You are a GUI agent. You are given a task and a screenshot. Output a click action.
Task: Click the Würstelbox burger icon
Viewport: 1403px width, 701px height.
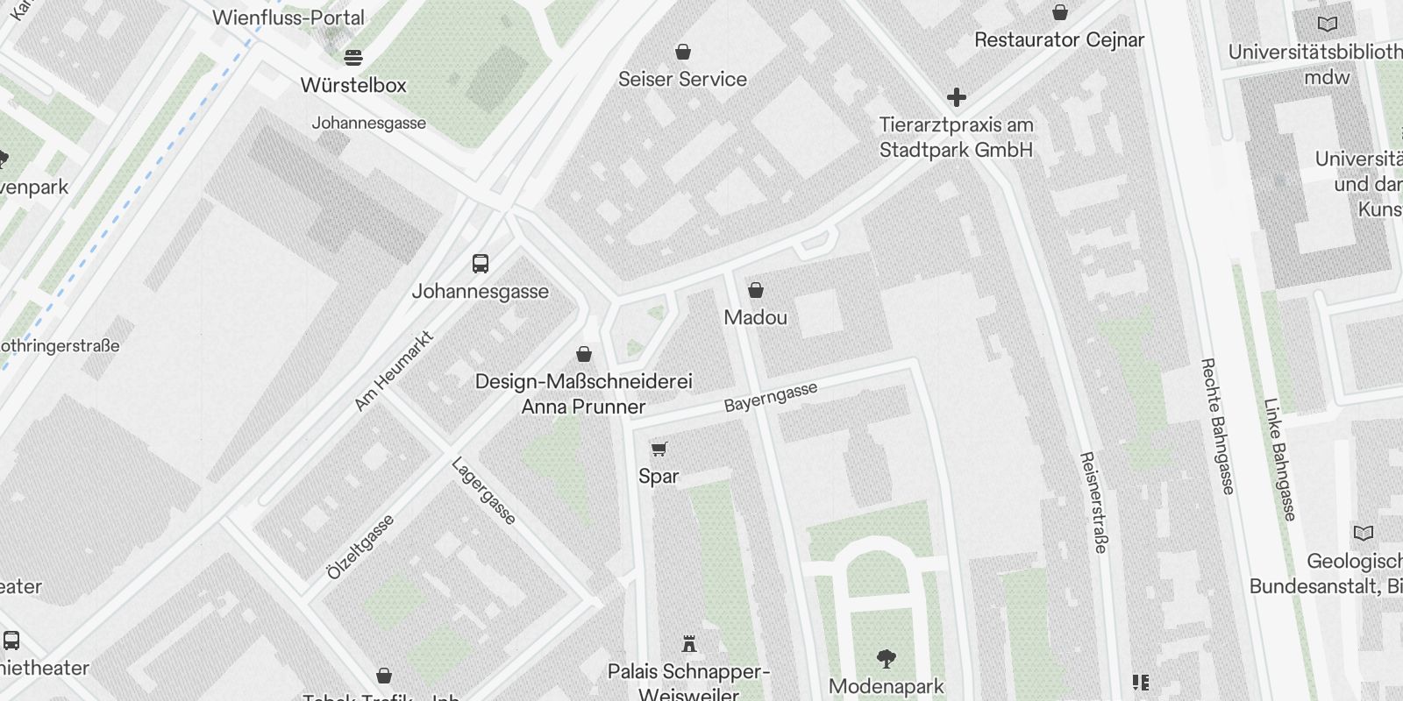pyautogui.click(x=353, y=58)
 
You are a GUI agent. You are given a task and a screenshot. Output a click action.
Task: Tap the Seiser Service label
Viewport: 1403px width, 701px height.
pyautogui.click(x=682, y=79)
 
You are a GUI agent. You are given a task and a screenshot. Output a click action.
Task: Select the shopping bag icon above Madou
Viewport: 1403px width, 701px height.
pyautogui.click(x=756, y=290)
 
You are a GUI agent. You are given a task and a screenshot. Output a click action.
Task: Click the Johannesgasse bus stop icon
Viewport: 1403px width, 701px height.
pyautogui.click(x=481, y=263)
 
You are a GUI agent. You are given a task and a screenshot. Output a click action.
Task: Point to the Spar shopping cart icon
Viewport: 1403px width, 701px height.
pyautogui.click(x=659, y=450)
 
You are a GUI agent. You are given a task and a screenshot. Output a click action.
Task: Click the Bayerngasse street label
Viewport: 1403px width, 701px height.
pyautogui.click(x=771, y=397)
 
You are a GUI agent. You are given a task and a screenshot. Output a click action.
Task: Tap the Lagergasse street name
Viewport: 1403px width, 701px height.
pyautogui.click(x=483, y=491)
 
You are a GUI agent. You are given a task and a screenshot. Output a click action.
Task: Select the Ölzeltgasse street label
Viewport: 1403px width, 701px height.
pyautogui.click(x=360, y=547)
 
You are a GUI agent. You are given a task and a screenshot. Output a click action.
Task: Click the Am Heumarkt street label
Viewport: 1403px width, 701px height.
pyautogui.click(x=394, y=371)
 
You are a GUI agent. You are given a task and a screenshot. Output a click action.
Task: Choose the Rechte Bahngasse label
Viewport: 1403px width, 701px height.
pyautogui.click(x=1216, y=426)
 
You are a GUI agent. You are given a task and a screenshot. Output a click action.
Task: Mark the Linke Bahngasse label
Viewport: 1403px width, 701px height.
pyautogui.click(x=1279, y=459)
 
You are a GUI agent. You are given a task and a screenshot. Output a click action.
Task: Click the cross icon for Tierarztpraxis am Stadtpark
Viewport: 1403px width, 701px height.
pyautogui.click(x=957, y=97)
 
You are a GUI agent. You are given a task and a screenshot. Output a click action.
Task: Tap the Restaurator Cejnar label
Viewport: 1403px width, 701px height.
pyautogui.click(x=1059, y=40)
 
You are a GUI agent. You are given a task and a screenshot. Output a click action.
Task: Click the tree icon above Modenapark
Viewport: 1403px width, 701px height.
pyautogui.click(x=887, y=658)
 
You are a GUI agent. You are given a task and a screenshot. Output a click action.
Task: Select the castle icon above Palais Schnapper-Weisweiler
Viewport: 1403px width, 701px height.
pyautogui.click(x=689, y=644)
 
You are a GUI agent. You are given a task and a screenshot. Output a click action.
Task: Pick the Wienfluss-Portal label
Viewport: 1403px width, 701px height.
pyautogui.click(x=288, y=18)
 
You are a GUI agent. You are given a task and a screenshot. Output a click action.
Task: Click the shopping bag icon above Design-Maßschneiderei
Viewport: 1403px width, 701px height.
pyautogui.click(x=584, y=354)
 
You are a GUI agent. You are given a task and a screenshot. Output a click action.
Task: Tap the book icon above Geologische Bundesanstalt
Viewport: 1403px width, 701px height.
pyautogui.click(x=1364, y=533)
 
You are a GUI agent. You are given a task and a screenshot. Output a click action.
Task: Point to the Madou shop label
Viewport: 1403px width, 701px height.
pyautogui.click(x=756, y=317)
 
